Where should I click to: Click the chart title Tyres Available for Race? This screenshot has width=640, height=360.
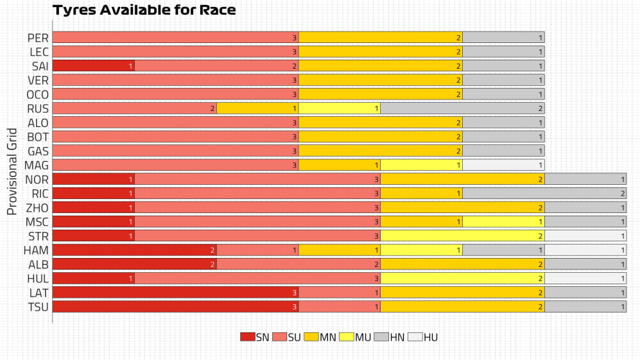[144, 10]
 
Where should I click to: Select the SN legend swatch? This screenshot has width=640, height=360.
[247, 337]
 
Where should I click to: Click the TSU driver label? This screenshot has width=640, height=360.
[38, 307]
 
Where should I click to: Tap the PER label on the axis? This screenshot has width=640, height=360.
[38, 38]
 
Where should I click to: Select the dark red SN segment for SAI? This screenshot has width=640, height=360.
[93, 66]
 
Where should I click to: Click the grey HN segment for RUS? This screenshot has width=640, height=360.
[462, 108]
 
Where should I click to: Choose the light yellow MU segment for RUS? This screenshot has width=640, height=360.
[340, 108]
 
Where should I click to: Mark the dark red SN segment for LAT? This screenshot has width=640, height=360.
[175, 293]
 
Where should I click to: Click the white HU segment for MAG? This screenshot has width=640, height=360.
[503, 165]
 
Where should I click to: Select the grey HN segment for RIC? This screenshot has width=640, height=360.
[544, 193]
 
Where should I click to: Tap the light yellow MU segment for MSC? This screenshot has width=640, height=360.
[503, 221]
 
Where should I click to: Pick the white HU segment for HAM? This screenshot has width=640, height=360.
[585, 250]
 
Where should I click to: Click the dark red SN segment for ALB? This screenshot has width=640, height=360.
[134, 264]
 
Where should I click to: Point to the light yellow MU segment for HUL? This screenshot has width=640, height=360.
[462, 279]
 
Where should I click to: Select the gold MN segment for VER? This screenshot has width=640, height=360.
[381, 80]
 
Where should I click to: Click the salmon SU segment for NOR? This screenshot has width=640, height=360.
[257, 179]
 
